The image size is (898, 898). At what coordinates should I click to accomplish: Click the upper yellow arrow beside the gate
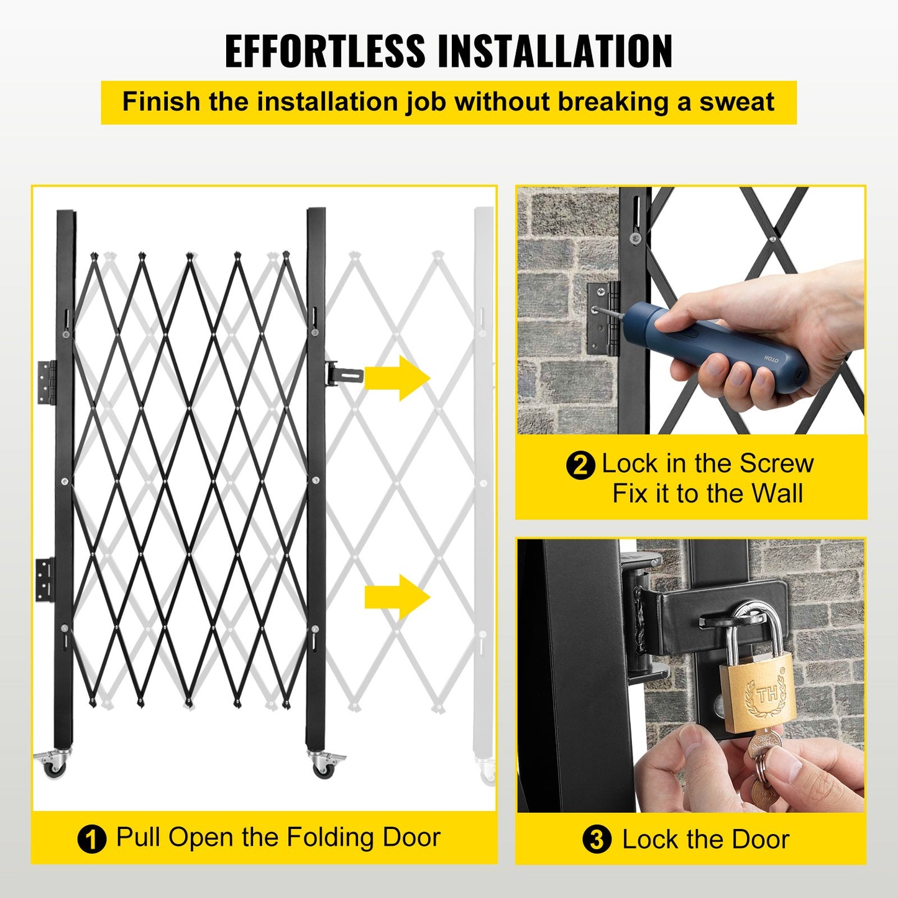[x=397, y=378]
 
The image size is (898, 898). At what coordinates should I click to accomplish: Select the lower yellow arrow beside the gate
[x=397, y=597]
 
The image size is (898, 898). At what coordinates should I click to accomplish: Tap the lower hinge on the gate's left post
[x=45, y=579]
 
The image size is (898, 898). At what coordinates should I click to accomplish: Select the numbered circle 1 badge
[x=91, y=840]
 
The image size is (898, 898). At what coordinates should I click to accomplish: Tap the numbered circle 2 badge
[x=580, y=465]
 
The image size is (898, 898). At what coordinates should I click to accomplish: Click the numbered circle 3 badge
[x=597, y=840]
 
